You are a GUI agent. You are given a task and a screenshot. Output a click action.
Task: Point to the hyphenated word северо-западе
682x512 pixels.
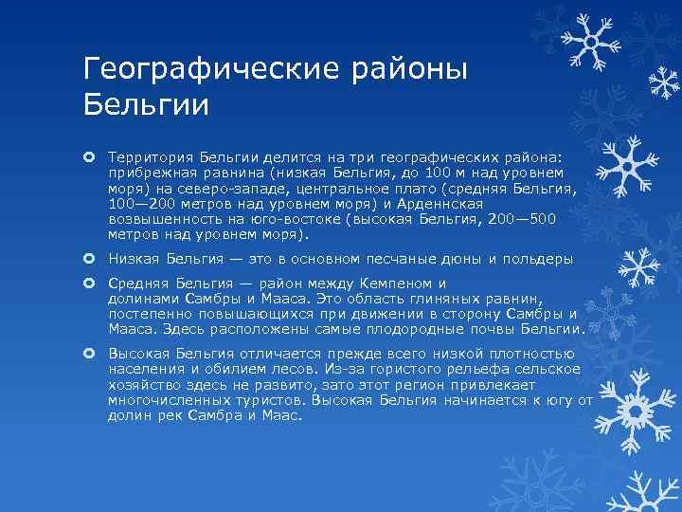point(217,188)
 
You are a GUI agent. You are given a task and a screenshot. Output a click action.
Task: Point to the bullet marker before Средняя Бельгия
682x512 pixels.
point(89,283)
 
